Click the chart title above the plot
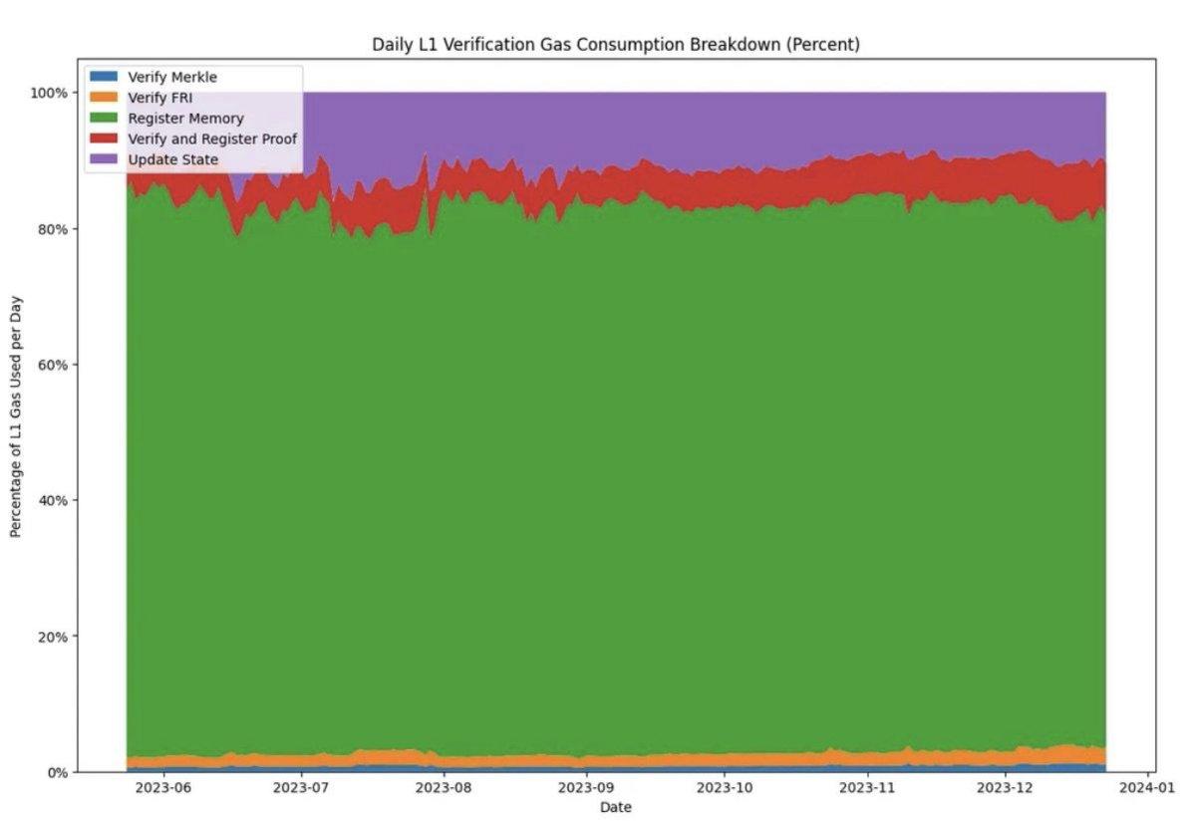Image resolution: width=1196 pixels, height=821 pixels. click(x=615, y=44)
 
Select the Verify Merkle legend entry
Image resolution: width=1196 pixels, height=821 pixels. click(x=172, y=77)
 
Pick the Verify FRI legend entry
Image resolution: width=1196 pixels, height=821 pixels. click(x=160, y=98)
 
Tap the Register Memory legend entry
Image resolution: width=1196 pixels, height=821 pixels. click(x=185, y=119)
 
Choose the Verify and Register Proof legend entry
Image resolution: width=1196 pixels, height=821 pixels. click(x=212, y=138)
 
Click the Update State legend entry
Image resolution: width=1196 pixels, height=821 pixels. click(x=173, y=159)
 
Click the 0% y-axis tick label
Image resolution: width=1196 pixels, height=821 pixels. click(x=58, y=772)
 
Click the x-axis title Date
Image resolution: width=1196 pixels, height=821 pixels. click(x=615, y=807)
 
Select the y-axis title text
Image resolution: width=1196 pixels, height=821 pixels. click(x=16, y=432)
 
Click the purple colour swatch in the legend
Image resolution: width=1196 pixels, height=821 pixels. click(x=103, y=159)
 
